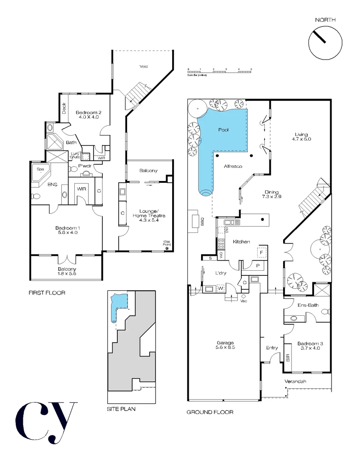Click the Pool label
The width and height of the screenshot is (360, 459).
(x=224, y=130)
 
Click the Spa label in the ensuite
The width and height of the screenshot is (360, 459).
(x=40, y=169)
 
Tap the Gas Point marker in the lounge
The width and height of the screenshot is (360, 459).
(x=167, y=245)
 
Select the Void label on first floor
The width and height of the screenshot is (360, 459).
(x=144, y=66)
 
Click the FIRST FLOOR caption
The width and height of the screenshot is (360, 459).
(x=47, y=293)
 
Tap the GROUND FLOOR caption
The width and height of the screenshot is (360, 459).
(x=210, y=412)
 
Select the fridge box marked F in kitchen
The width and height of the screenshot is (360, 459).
(x=261, y=252)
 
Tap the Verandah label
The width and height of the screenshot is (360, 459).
(x=295, y=381)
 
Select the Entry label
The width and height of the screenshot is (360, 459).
(x=272, y=348)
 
